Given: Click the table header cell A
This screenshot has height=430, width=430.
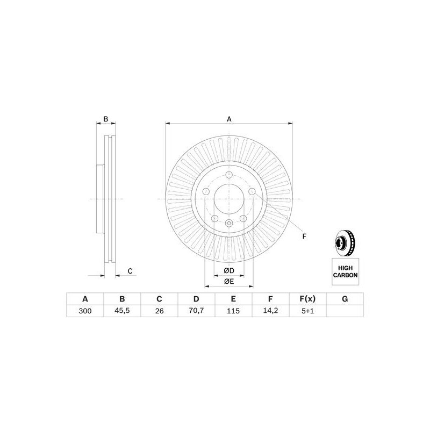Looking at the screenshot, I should pos(84,299).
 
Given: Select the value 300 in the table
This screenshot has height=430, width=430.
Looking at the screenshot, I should pos(84,311).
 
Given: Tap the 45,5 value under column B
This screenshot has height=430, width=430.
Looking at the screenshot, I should pos(122,311).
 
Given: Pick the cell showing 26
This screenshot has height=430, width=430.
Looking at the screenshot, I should pos(159,311).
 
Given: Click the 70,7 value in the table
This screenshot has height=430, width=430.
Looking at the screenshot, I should pos(196,311).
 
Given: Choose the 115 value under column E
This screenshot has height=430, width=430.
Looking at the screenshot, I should pos(233,311).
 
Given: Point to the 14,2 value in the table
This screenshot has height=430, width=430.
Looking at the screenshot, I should pos(271,311).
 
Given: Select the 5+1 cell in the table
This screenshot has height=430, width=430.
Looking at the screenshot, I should pos(308,311).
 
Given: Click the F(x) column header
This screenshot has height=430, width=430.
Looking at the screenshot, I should pos(308,299).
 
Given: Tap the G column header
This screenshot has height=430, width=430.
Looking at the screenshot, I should pos(345,299).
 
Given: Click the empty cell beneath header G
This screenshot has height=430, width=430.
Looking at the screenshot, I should pos(345,311).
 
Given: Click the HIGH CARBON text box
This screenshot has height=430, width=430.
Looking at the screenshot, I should pos(345,270).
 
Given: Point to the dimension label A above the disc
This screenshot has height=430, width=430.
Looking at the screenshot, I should pos(229,119).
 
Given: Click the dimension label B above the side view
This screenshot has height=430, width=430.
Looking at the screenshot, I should pos(106,119).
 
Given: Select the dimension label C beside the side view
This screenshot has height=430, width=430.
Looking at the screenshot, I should pos(130,271).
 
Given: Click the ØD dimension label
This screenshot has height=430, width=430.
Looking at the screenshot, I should pos(228,270).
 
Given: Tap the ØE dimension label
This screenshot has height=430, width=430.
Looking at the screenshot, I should pos(228,281).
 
